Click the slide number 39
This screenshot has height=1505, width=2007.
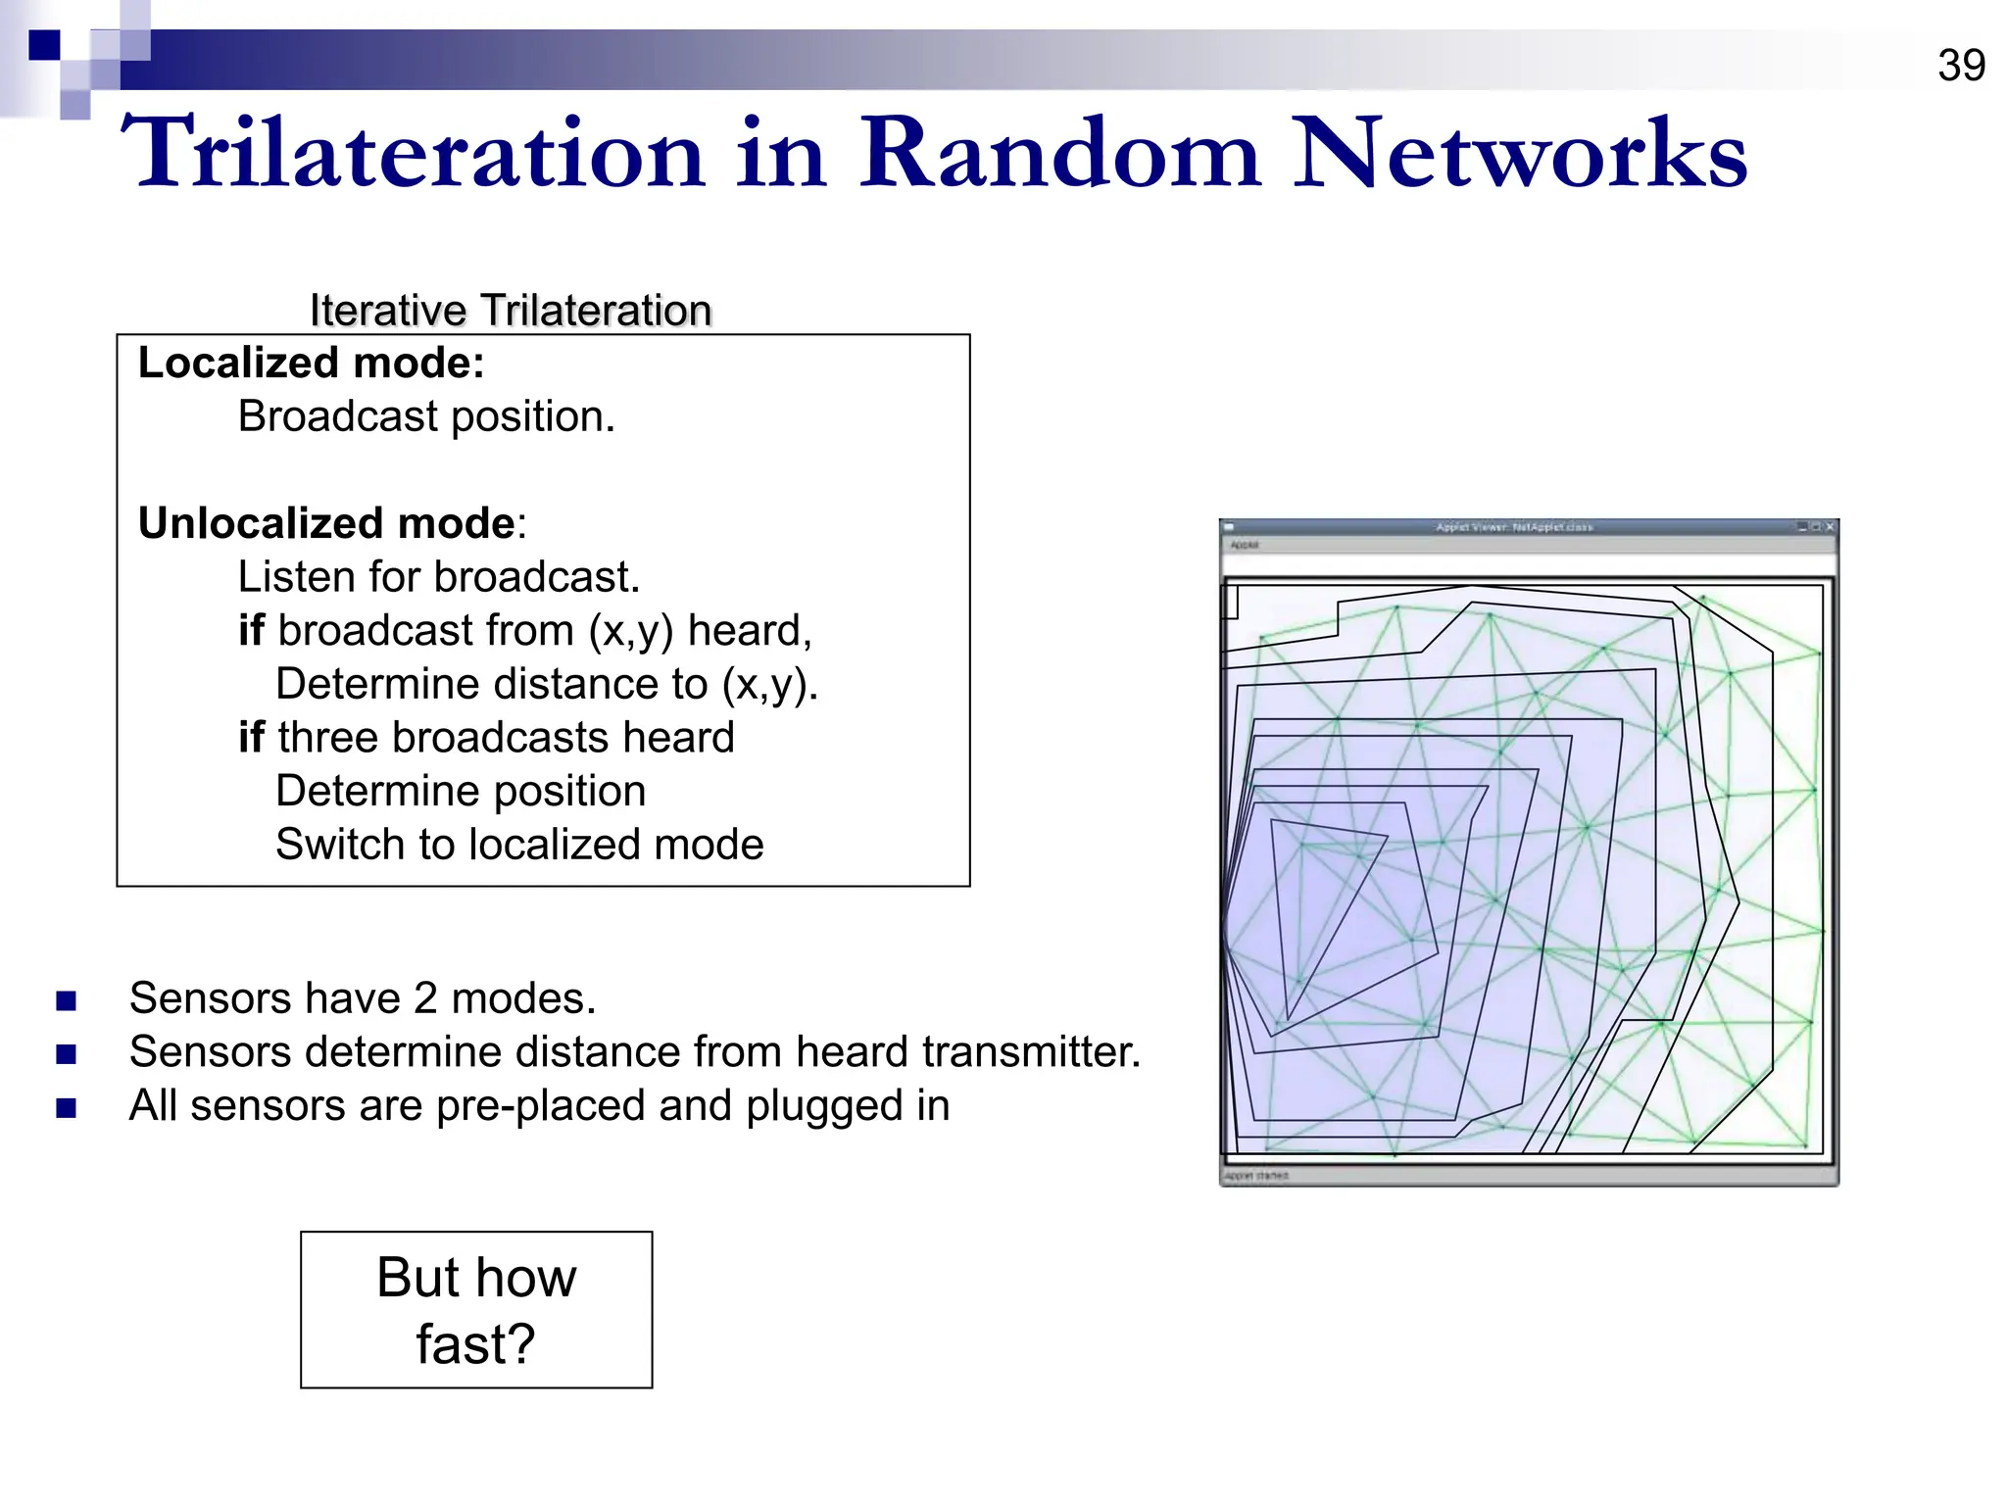pos(1961,67)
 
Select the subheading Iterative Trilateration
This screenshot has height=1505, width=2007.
pos(510,311)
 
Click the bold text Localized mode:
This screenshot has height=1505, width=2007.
pos(311,364)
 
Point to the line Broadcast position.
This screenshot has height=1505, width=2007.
pos(426,417)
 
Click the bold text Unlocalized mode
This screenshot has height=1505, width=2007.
pos(325,524)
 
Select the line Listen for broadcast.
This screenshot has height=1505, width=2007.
pos(438,577)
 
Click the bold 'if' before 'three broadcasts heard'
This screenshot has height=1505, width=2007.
pos(251,738)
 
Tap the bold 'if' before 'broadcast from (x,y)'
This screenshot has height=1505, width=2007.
pos(251,631)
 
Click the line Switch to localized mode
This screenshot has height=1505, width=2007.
pos(519,845)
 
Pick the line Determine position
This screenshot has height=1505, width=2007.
pos(461,792)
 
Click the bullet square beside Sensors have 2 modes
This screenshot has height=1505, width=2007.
pos(67,1001)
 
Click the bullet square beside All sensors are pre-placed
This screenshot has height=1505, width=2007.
pos(67,1108)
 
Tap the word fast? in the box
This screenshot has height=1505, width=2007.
pos(475,1344)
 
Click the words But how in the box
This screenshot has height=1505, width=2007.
pos(476,1278)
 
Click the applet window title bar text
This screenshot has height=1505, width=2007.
pos(1514,527)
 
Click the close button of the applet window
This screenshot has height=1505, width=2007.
pos(1830,527)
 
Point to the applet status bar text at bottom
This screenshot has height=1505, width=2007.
pos(1256,1175)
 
